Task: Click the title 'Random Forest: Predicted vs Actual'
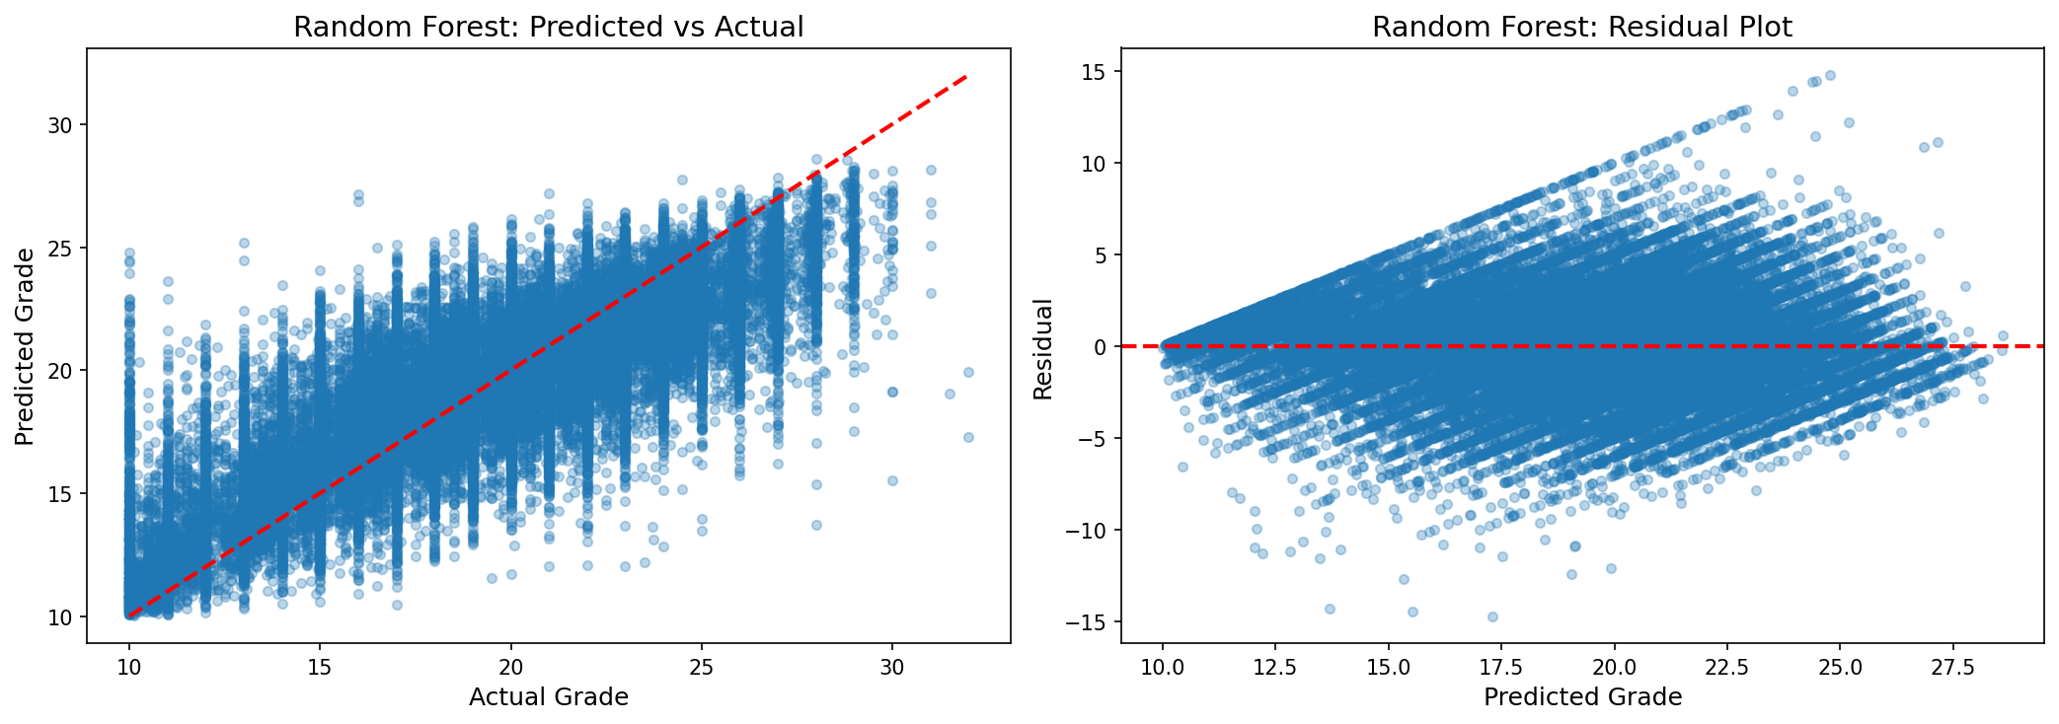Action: [x=548, y=27]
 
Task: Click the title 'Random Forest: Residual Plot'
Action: [x=1581, y=27]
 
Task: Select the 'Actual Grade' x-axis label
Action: [x=548, y=697]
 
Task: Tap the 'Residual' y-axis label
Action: [x=1043, y=349]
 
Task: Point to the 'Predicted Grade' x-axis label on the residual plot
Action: [x=1581, y=697]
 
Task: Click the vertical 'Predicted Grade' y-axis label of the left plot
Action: [x=26, y=346]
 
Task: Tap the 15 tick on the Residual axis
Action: [x=1095, y=71]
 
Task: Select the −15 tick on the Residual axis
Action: [x=1088, y=622]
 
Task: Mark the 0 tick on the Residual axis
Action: [x=1101, y=347]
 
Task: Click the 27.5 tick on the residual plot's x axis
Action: [x=1952, y=667]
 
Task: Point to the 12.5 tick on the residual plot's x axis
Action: [x=1275, y=667]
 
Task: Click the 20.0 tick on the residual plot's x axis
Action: [x=1614, y=667]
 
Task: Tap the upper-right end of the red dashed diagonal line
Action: [x=967, y=76]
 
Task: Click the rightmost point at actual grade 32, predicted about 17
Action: [x=968, y=437]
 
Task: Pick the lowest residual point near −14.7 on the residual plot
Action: [x=1492, y=616]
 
